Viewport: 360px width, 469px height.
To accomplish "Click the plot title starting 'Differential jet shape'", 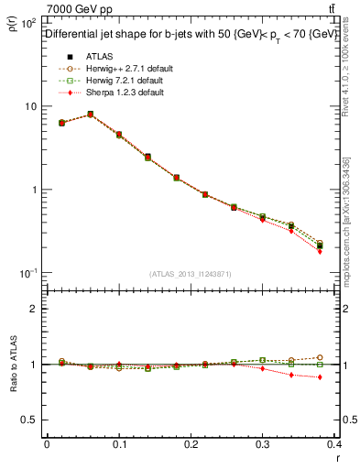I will point(190,34).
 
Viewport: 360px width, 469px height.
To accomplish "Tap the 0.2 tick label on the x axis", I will point(191,445).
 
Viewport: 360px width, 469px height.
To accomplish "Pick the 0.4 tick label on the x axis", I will point(335,445).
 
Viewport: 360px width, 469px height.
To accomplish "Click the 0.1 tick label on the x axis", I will point(118,445).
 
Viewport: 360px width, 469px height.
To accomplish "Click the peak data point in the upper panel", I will point(90,115).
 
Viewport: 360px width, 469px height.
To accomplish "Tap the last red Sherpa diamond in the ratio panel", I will point(346,377).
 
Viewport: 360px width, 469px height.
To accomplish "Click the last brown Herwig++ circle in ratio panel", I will point(346,357).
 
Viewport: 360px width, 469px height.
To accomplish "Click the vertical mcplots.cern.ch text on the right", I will point(344,220).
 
